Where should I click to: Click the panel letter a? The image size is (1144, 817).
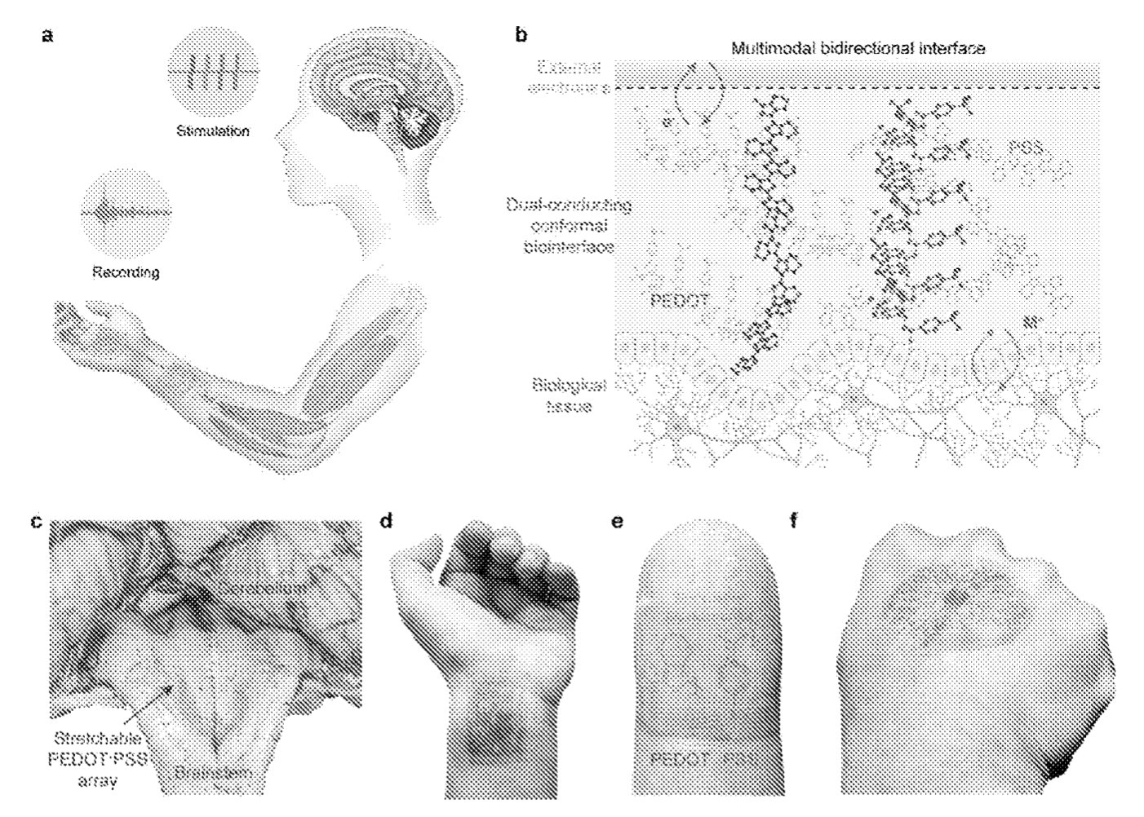48,36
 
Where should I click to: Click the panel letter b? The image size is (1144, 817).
521,36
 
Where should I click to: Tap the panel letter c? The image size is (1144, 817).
36,520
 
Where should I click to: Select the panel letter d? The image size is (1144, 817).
388,520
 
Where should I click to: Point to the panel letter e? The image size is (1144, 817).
618,520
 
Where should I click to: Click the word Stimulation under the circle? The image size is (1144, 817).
213,130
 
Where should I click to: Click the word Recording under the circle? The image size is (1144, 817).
125,272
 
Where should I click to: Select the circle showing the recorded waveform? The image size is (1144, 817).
126,212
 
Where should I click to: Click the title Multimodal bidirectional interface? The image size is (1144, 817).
858,49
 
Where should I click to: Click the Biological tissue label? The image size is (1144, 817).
569,395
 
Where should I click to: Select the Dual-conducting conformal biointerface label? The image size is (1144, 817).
568,226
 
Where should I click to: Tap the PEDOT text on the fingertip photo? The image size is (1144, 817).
679,759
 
